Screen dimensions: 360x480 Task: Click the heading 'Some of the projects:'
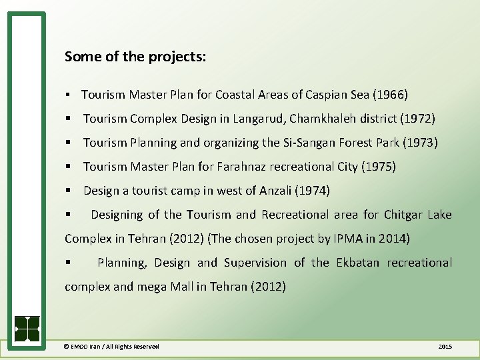(x=135, y=57)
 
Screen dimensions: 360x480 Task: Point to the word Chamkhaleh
(x=323, y=119)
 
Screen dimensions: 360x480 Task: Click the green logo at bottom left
(x=27, y=328)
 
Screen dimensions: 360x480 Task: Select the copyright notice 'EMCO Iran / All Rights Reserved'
(x=111, y=347)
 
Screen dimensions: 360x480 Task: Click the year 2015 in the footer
(x=445, y=347)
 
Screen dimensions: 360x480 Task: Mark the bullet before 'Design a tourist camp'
(x=69, y=191)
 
